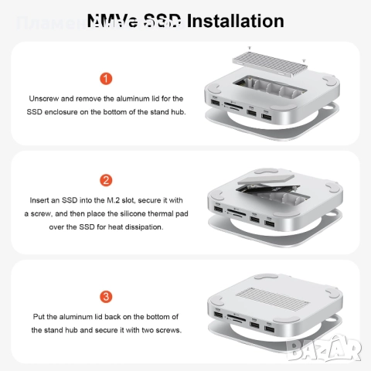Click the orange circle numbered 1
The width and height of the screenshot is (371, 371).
106,79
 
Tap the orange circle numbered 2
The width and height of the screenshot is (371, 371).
106,181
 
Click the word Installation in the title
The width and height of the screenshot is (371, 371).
235,21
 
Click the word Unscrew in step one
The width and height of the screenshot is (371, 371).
45,100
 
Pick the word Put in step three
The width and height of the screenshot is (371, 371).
39,317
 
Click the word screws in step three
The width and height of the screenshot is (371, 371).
165,330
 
